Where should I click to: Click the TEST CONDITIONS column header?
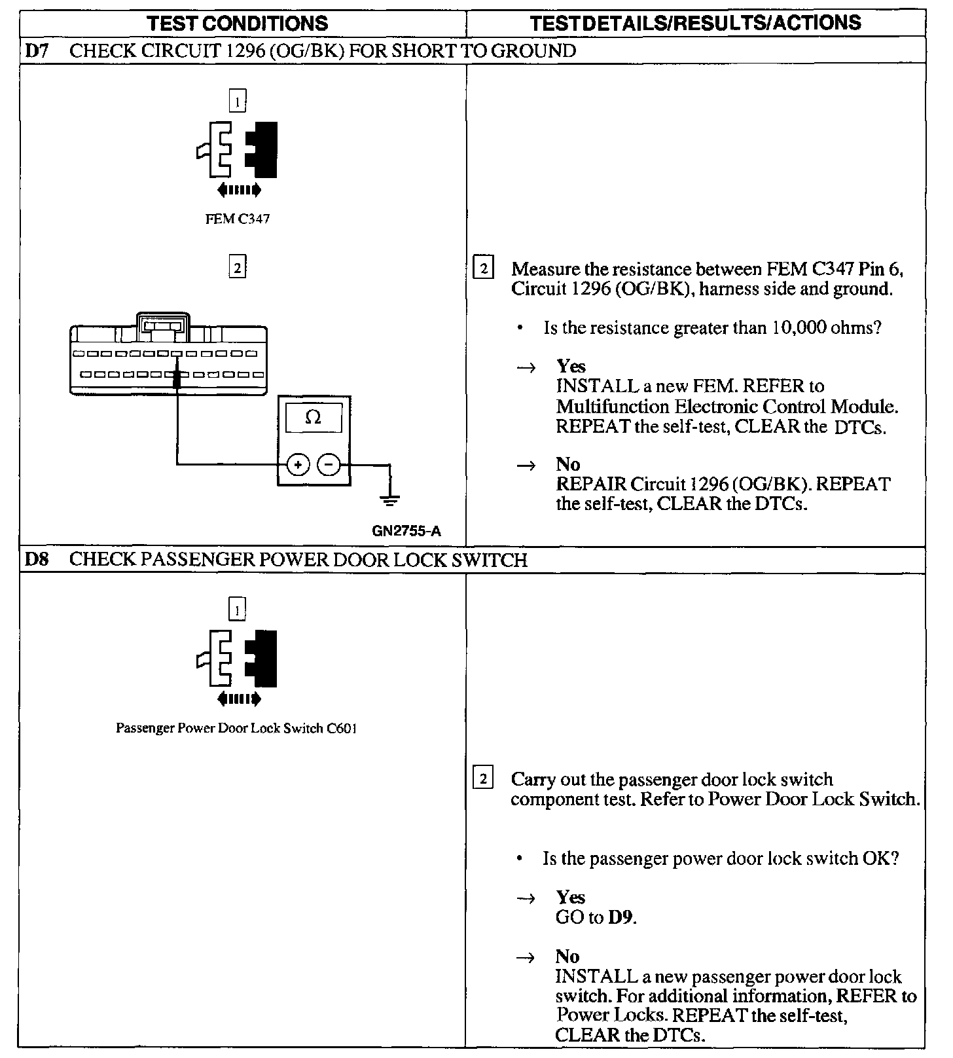click(x=238, y=24)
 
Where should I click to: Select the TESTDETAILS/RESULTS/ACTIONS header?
click(x=695, y=24)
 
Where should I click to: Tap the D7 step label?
click(x=37, y=51)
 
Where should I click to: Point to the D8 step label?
click(x=37, y=560)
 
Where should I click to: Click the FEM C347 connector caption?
click(x=237, y=219)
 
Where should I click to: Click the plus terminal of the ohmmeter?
click(x=298, y=465)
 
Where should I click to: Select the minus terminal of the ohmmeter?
click(x=329, y=465)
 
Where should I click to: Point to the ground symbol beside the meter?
click(x=389, y=501)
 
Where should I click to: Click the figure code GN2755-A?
click(x=406, y=531)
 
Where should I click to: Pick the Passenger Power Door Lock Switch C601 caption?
click(x=236, y=728)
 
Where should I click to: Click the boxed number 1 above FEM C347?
click(x=237, y=101)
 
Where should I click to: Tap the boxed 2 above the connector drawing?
click(x=237, y=267)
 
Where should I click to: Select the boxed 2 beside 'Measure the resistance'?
click(x=483, y=268)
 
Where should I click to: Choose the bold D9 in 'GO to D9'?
click(x=621, y=917)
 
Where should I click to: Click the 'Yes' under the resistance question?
click(x=571, y=366)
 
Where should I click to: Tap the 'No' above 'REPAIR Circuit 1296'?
click(x=567, y=464)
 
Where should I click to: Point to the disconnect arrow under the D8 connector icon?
click(x=238, y=699)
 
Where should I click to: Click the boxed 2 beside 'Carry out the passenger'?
click(x=483, y=779)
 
